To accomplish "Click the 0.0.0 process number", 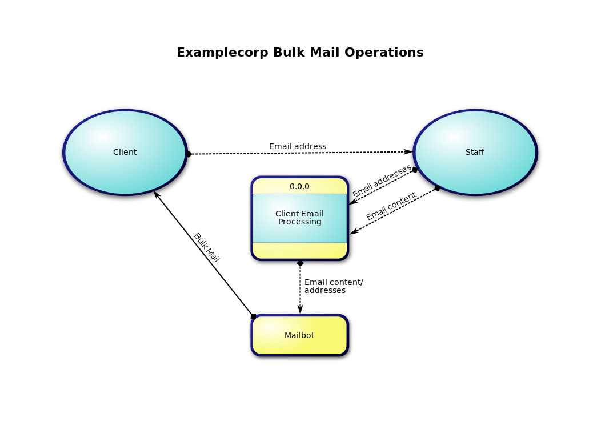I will point(299,186).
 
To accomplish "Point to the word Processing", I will point(300,222).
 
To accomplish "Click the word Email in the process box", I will point(312,214).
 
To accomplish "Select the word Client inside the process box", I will point(287,214).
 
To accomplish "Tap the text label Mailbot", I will point(299,335).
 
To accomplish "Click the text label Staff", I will point(475,152).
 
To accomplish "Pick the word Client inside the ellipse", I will point(125,152).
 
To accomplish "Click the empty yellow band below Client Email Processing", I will point(299,251).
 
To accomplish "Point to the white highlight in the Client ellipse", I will point(103,137).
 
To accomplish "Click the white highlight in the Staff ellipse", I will point(453,137).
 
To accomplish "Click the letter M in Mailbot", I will point(287,335).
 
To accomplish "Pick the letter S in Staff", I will point(468,152).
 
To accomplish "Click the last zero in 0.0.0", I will point(307,186).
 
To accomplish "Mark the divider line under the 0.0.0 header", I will point(299,194).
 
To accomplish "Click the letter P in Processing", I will point(281,222).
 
